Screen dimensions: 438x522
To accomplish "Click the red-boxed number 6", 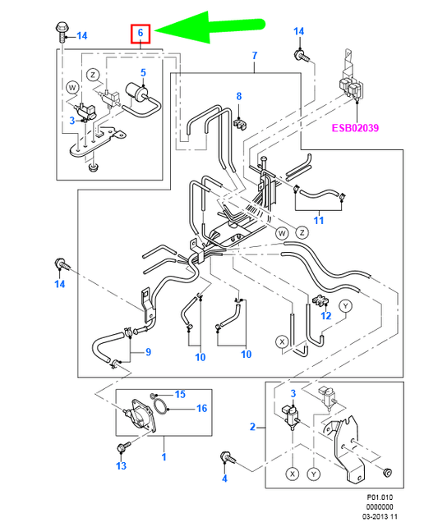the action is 141,34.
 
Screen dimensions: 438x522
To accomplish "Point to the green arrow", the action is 210,27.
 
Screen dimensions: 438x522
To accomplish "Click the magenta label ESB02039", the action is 355,128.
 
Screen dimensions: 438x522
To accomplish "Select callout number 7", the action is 255,55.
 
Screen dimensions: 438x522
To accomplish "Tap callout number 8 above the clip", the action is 239,96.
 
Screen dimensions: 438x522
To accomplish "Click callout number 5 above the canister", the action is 143,72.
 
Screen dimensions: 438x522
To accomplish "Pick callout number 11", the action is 319,221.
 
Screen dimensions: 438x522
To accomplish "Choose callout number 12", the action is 326,315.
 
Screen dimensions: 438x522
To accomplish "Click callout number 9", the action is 149,352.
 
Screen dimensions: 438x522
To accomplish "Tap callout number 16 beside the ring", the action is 201,408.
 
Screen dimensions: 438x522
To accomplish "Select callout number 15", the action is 180,395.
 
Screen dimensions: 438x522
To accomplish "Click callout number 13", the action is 122,465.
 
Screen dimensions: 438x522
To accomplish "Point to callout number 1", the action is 164,456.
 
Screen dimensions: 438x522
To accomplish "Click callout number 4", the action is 224,478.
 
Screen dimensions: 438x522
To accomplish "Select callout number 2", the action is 252,427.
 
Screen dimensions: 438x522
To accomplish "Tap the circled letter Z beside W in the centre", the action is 302,232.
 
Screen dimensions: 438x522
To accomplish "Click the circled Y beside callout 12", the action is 346,306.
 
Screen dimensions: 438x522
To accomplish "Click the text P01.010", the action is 380,497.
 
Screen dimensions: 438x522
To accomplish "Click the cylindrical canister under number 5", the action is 136,92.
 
